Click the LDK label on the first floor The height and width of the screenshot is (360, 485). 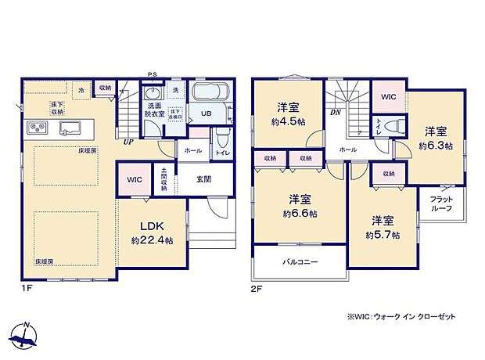pyautogui.click(x=152, y=225)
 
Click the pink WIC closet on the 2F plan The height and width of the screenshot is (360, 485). pyautogui.click(x=387, y=97)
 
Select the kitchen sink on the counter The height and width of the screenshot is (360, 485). pyautogui.click(x=66, y=128)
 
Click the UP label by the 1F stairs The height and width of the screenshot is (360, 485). pyautogui.click(x=126, y=142)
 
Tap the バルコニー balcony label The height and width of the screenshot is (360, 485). pyautogui.click(x=300, y=262)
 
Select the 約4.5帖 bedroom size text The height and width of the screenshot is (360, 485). pyautogui.click(x=288, y=121)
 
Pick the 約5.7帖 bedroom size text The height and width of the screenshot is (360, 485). pyautogui.click(x=383, y=235)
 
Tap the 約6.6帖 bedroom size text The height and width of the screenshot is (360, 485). pyautogui.click(x=300, y=213)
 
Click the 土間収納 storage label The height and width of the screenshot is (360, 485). pyautogui.click(x=164, y=179)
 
